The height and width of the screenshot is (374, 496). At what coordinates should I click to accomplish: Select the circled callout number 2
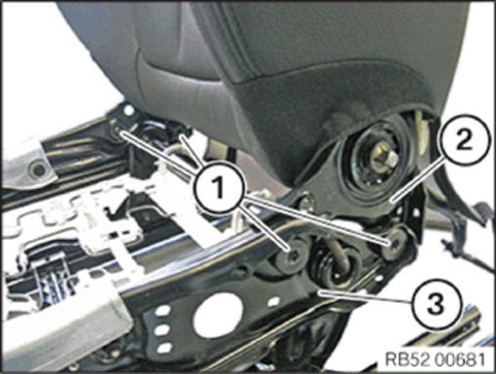click(466, 140)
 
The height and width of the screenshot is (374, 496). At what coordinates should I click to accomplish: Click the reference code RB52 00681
click(434, 359)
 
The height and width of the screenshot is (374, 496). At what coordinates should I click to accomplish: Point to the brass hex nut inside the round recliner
click(384, 156)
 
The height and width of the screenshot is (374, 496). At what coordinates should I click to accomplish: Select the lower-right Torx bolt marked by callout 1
click(394, 243)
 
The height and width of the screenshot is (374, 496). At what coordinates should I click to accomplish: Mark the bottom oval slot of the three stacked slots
click(164, 348)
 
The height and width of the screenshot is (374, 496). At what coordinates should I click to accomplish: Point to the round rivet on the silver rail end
click(39, 169)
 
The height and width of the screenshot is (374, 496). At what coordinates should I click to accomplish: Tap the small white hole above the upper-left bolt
click(129, 111)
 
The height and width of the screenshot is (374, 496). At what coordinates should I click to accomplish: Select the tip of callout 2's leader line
click(391, 200)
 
